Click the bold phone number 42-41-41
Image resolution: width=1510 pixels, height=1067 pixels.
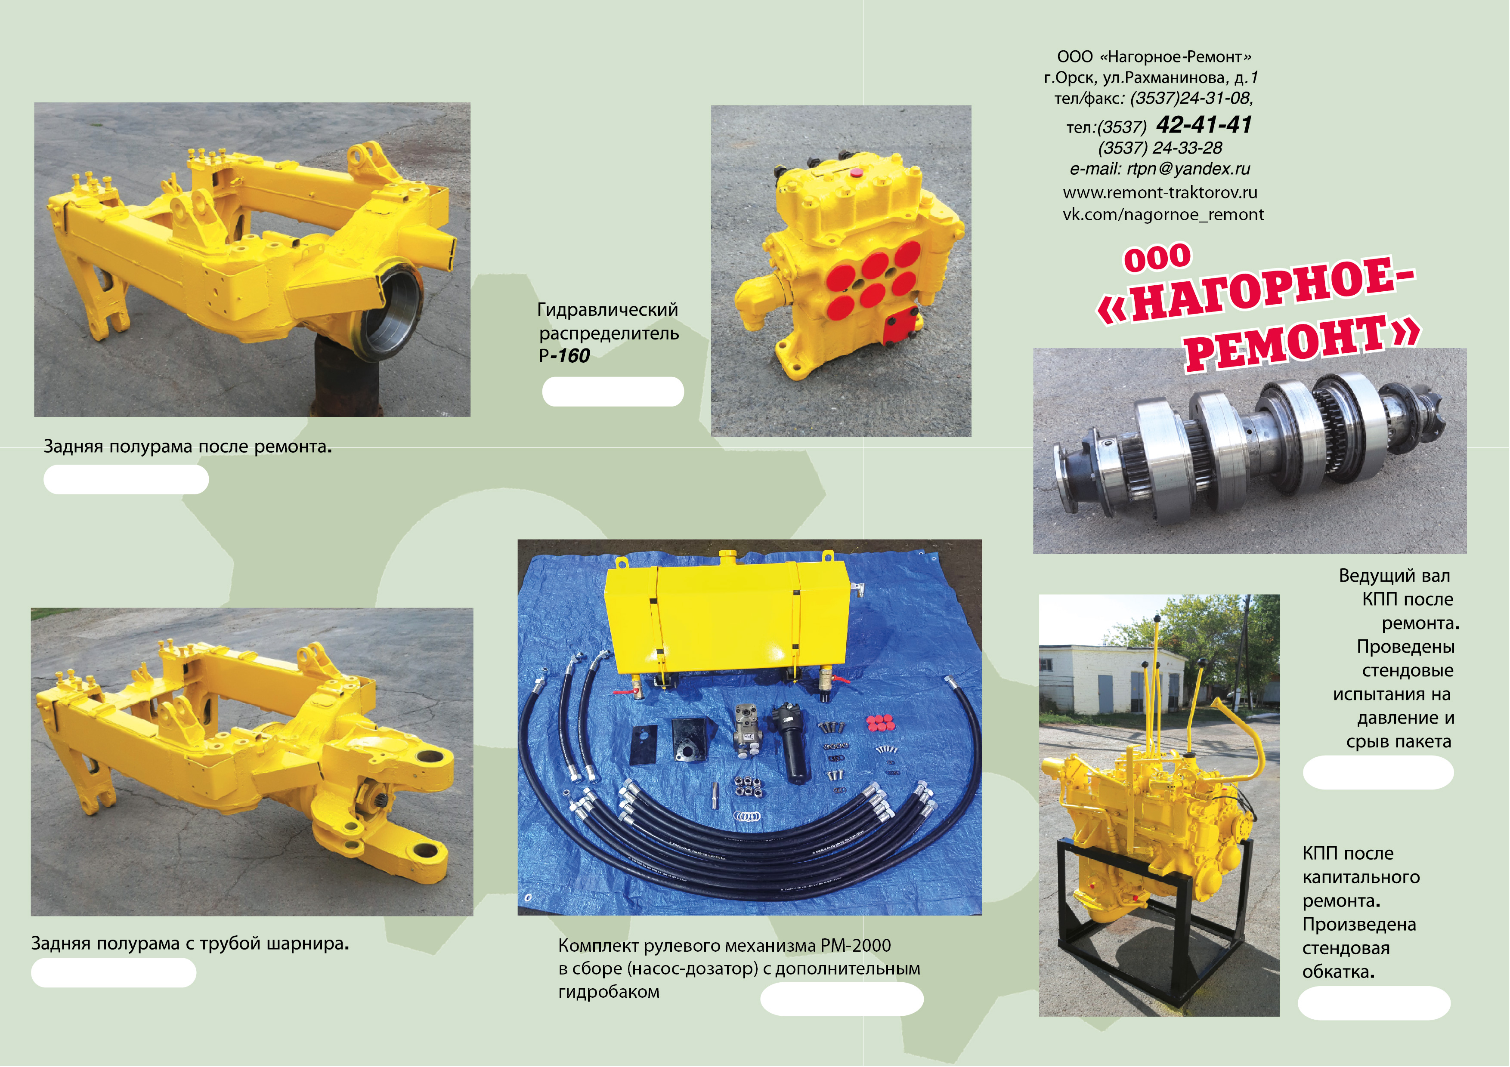(1204, 124)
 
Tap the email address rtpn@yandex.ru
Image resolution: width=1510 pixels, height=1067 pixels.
(1188, 169)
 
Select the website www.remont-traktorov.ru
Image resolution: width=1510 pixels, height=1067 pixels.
(1160, 193)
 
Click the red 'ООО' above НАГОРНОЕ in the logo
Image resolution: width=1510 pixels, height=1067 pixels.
(1157, 258)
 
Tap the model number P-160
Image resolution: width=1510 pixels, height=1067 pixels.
(564, 356)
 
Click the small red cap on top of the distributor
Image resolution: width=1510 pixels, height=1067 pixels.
(856, 173)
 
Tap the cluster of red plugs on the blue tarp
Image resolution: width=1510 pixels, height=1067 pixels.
(879, 722)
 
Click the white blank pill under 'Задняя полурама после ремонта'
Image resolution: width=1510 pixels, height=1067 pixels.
(126, 479)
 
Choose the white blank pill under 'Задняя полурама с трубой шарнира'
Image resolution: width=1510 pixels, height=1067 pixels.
(114, 972)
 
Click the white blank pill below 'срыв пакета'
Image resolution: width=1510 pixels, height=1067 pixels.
(1378, 772)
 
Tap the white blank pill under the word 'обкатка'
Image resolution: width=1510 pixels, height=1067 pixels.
(1374, 1002)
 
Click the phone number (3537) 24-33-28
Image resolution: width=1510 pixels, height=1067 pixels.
(1160, 148)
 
